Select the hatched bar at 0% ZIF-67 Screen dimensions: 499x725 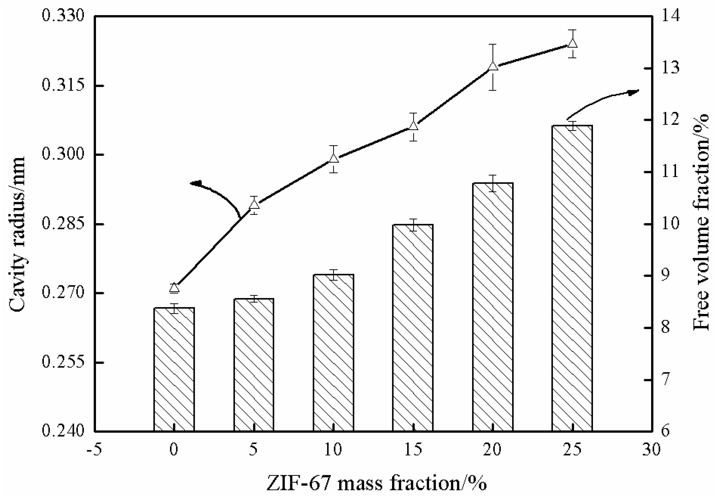point(174,369)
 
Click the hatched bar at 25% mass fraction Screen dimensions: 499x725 point(572,278)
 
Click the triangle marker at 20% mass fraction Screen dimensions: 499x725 point(493,66)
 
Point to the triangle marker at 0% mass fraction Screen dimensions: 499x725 point(174,287)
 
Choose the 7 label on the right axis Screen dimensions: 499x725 point(666,379)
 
